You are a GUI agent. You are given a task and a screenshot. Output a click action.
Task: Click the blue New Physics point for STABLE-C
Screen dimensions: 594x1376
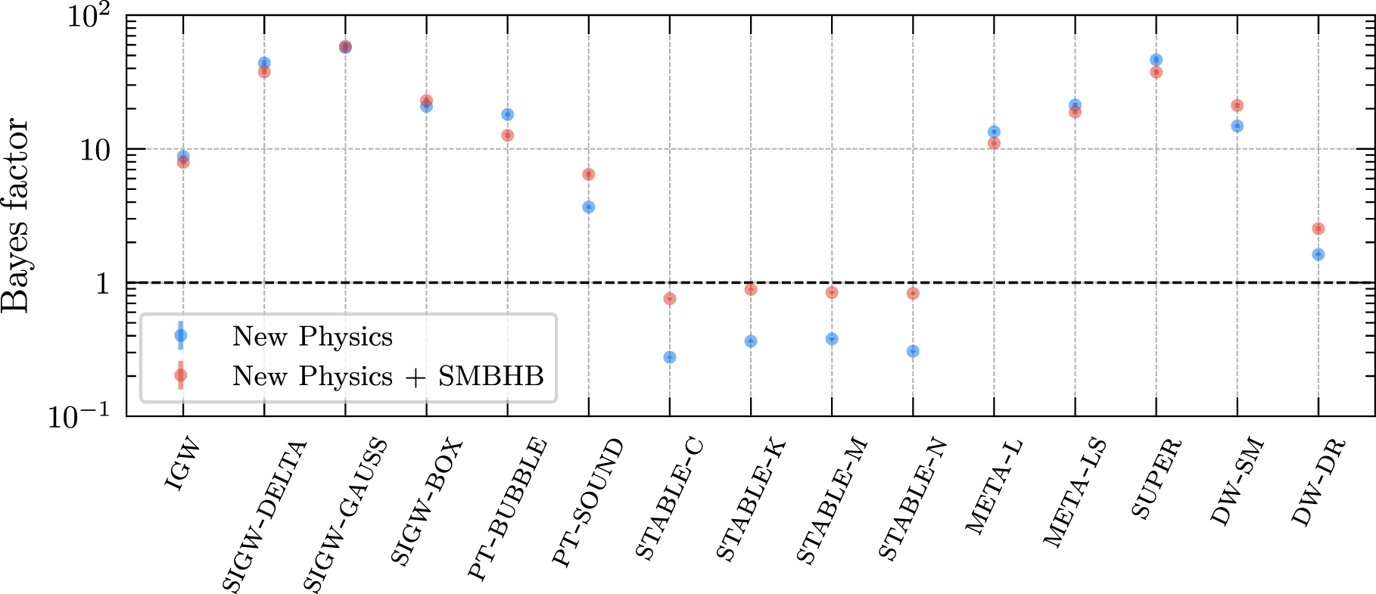670,357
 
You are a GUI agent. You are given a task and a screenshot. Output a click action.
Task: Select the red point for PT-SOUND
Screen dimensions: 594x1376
589,174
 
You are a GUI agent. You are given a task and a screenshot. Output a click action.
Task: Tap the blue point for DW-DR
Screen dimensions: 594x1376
1318,255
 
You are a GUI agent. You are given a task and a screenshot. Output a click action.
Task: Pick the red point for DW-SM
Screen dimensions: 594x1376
1237,106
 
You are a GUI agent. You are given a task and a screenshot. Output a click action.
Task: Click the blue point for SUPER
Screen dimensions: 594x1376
1157,60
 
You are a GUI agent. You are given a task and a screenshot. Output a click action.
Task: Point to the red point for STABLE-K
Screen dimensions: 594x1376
751,289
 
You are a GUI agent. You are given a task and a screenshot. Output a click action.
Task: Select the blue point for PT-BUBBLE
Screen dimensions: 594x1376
508,114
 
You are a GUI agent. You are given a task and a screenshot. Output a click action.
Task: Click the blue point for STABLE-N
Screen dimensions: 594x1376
913,351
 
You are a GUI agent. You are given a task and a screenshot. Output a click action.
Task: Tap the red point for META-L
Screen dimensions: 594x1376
995,143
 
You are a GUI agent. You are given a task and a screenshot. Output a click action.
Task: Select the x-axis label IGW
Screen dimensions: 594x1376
183,465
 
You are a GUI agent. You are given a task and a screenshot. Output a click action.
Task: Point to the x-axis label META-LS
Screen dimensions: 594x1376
1074,492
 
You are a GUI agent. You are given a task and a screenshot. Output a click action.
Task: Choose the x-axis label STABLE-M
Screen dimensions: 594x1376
832,501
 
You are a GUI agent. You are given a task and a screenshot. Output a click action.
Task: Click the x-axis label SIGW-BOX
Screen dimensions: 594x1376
426,501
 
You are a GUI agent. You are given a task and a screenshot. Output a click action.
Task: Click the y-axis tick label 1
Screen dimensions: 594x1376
102,283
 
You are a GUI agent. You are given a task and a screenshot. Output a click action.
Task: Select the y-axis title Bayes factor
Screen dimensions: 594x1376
15,216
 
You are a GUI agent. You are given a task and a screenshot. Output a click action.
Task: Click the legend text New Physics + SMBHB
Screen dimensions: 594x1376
388,376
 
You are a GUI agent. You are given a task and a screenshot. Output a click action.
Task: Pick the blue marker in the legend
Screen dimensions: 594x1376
180,335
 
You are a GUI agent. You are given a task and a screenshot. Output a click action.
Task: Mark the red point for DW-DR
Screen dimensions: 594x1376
1318,229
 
